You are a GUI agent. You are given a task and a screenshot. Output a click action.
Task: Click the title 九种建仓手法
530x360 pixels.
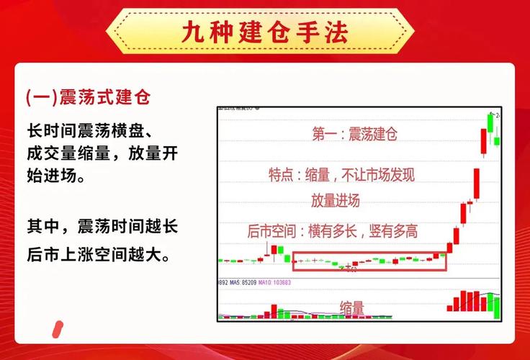coord(266,32)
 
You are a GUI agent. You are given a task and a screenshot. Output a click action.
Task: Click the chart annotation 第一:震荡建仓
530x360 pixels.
coord(355,133)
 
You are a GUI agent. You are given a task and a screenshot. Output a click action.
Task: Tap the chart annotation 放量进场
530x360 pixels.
coord(336,200)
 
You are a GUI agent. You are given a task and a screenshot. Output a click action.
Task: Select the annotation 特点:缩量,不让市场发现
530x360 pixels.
coord(341,175)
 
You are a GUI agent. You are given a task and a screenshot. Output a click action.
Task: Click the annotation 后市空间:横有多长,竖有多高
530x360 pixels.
coord(332,231)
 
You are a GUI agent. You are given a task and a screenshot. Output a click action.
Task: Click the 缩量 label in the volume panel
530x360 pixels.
coord(352,307)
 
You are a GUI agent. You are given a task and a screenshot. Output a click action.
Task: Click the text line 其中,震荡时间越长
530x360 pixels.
coord(102,225)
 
